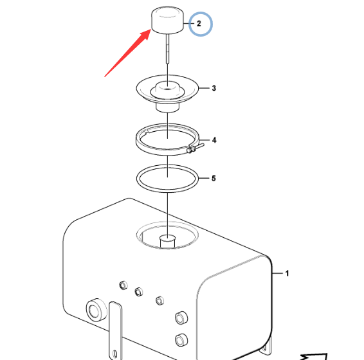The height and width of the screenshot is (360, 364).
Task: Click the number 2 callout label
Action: [199, 23]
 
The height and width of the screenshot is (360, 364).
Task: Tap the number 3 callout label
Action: [214, 88]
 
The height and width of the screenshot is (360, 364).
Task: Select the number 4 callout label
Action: [214, 140]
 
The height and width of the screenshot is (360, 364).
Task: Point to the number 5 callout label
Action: [214, 178]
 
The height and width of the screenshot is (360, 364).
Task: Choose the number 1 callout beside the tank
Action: [287, 273]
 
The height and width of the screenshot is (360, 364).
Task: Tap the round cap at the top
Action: [167, 20]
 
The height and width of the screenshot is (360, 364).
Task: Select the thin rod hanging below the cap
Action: [167, 48]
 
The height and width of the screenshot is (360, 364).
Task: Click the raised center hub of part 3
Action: [167, 89]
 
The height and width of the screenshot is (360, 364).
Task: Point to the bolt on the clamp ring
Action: [196, 148]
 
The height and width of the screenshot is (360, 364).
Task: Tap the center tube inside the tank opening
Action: [167, 241]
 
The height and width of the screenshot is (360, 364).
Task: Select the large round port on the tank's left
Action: [96, 310]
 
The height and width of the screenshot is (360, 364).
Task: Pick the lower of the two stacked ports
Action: [181, 340]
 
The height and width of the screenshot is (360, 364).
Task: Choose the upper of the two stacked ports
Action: [181, 318]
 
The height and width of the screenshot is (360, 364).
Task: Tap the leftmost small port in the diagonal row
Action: [123, 285]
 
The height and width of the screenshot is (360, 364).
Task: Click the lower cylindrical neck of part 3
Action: [167, 108]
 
